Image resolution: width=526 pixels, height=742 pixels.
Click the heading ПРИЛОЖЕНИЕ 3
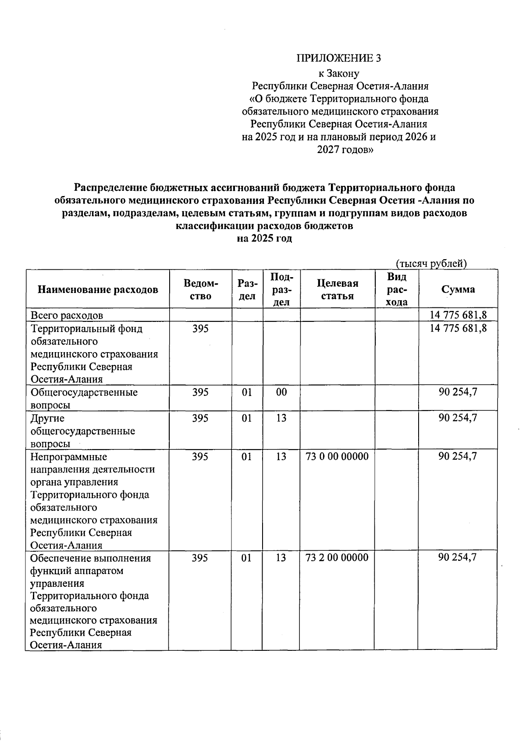(x=339, y=58)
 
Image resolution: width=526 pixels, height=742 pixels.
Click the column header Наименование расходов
(x=98, y=289)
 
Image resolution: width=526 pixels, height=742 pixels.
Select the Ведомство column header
(x=201, y=289)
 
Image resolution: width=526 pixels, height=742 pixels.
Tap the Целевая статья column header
(x=337, y=289)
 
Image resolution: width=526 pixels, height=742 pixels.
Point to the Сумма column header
(x=458, y=289)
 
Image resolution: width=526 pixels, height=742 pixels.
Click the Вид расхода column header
(x=397, y=289)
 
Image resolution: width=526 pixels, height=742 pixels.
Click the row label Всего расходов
(x=67, y=315)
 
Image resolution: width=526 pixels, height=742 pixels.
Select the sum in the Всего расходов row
(x=458, y=315)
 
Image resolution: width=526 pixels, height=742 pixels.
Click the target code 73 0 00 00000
(x=337, y=457)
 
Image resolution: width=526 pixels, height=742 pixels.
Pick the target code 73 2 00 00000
(x=337, y=557)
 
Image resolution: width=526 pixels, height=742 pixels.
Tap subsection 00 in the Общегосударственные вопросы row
(x=281, y=392)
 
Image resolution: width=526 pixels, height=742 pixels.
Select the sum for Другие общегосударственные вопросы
(x=458, y=418)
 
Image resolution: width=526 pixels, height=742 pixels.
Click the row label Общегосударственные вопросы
(x=83, y=398)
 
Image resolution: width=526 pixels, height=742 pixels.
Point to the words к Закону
(x=339, y=74)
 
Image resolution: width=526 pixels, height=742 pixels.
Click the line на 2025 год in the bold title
(x=264, y=239)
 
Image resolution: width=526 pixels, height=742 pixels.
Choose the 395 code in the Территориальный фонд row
(x=201, y=328)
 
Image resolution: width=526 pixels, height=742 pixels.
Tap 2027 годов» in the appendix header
(x=345, y=150)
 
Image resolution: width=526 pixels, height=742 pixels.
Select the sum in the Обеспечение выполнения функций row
(x=458, y=557)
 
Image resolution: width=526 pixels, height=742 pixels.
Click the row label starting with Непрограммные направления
(x=92, y=501)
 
